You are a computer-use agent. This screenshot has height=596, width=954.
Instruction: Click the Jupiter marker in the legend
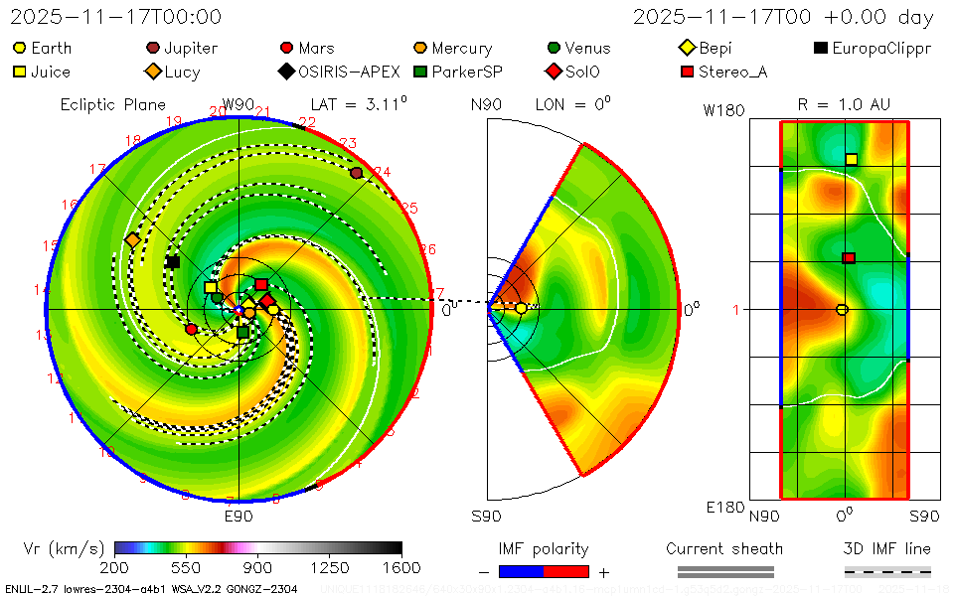[x=153, y=48]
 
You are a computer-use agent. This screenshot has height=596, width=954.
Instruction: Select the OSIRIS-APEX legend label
[x=349, y=72]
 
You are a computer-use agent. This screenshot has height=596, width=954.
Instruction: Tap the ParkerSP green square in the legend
[x=420, y=72]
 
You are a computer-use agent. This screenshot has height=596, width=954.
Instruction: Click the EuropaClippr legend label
[x=881, y=48]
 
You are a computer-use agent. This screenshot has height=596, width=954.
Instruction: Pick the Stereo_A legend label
[x=732, y=72]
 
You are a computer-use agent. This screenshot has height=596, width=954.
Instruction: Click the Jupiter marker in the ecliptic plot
[x=357, y=173]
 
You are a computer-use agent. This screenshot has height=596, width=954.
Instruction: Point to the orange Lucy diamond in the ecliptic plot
[x=132, y=240]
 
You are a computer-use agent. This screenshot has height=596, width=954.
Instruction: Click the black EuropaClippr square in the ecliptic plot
[x=173, y=261]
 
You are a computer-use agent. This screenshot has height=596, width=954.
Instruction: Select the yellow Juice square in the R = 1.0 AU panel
[x=852, y=159]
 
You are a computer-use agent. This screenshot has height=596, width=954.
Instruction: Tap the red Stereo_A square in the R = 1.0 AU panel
[x=849, y=258]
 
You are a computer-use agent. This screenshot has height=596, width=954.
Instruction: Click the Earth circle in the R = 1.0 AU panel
[x=842, y=310]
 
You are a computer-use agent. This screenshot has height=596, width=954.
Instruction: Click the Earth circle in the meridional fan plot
[x=521, y=309]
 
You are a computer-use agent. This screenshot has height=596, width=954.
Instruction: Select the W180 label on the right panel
[x=723, y=110]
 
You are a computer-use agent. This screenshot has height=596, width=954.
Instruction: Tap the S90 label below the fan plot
[x=486, y=517]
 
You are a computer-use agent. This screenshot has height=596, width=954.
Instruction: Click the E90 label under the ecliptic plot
[x=238, y=517]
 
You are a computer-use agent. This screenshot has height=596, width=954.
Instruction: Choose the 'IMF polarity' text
[x=544, y=548]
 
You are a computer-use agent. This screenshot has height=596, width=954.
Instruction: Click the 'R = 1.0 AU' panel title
[x=844, y=104]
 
